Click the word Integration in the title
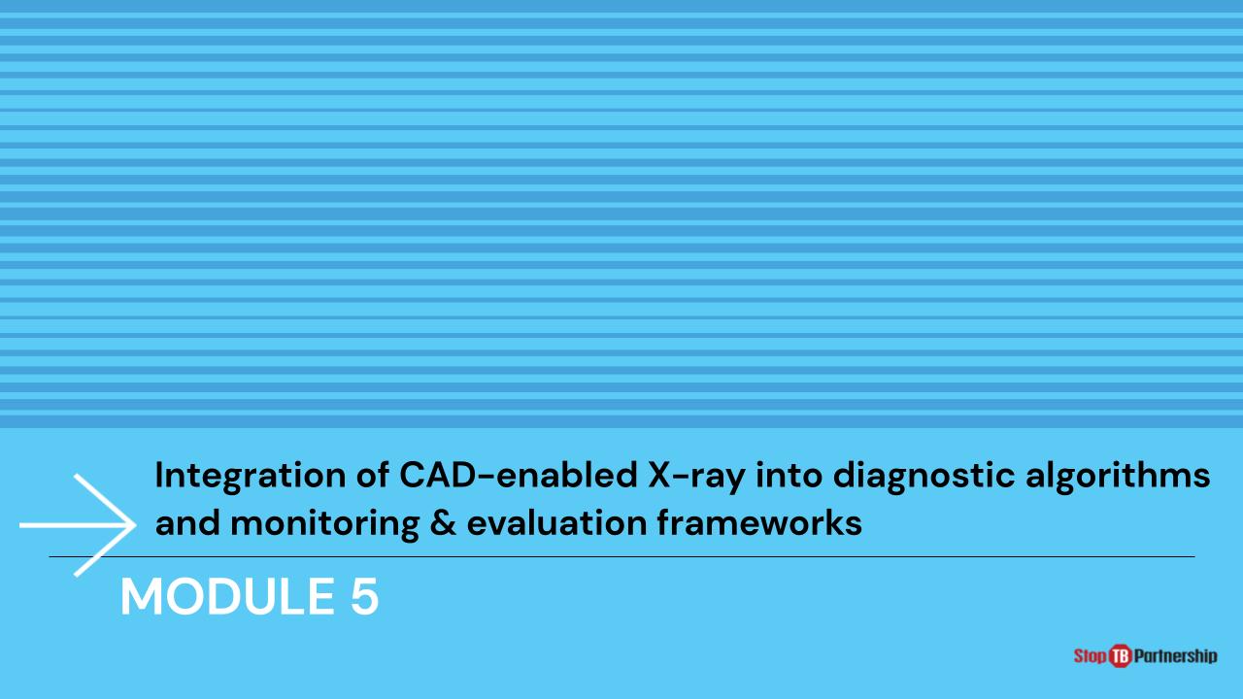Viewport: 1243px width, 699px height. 251,477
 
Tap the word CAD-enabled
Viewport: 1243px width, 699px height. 519,476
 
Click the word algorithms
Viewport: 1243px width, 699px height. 1118,477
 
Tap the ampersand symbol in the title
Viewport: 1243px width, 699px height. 443,523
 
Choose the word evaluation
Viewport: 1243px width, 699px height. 557,523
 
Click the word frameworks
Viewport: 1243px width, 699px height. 759,523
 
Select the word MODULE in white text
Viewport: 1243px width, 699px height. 227,597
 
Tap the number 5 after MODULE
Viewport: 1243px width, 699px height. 364,597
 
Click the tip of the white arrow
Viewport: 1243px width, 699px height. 135,525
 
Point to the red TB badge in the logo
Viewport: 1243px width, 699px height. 1121,656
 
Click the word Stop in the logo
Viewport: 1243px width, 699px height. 1091,656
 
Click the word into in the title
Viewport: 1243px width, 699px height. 789,476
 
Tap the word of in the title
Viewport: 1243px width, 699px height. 372,476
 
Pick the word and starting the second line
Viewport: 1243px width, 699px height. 187,523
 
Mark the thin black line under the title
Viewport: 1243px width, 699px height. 621,556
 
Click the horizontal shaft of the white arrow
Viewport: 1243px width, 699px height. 76,525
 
